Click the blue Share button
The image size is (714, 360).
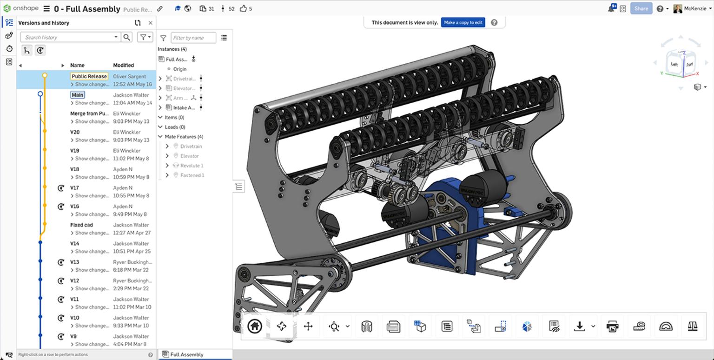641,8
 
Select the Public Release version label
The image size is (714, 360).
89,76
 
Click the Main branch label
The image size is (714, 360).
77,95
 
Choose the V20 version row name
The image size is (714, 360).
75,132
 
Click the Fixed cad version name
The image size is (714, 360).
81,225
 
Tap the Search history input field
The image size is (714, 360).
70,37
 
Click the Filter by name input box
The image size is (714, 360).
193,38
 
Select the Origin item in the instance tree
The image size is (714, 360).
179,69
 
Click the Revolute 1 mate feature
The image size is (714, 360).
192,166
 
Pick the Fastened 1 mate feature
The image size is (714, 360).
192,175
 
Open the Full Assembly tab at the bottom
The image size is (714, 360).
186,354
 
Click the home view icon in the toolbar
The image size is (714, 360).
254,327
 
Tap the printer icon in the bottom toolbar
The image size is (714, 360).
613,327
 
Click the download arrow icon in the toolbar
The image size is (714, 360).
579,327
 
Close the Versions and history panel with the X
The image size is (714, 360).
150,23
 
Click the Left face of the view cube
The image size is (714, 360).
674,64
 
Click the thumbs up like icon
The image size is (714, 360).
243,8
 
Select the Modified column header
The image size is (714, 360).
123,65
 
